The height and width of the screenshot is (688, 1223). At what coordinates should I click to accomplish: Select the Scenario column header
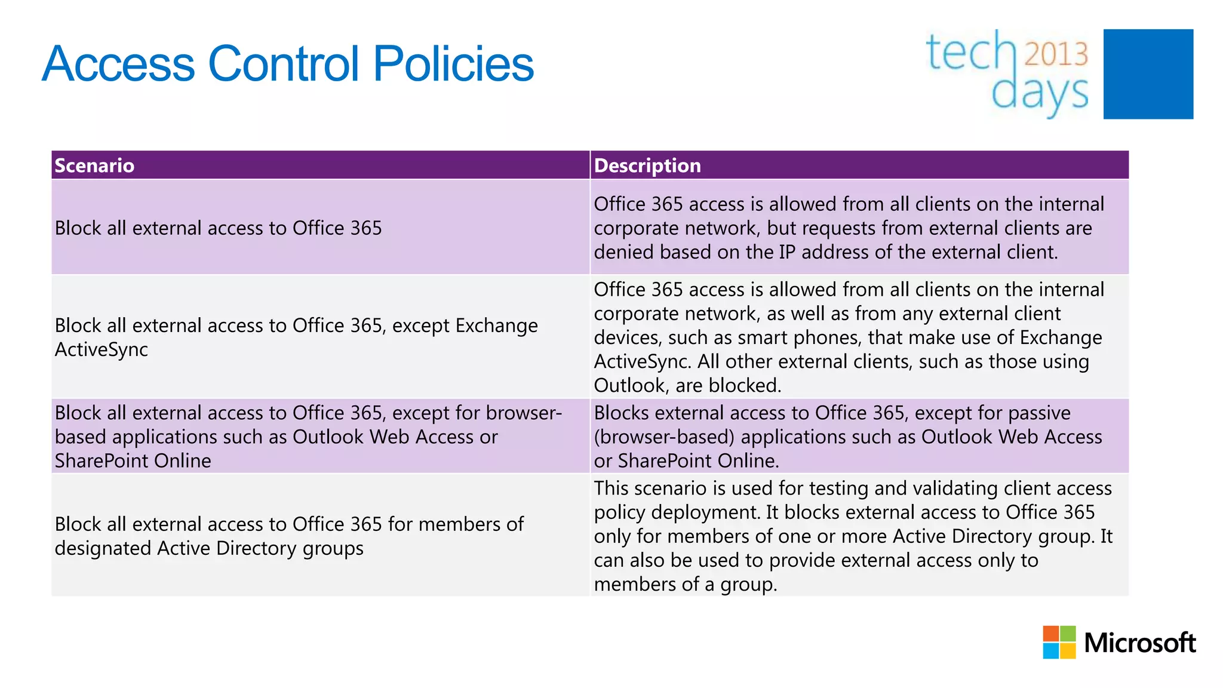(x=94, y=165)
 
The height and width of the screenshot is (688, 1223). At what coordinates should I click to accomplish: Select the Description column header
(x=647, y=165)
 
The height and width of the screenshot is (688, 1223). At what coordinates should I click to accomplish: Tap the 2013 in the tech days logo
(x=1056, y=54)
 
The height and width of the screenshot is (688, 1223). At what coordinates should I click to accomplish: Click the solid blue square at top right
(x=1148, y=74)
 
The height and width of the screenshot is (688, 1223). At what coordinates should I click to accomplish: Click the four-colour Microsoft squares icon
(x=1059, y=642)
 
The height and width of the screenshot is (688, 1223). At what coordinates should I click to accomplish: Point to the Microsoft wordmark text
(x=1139, y=643)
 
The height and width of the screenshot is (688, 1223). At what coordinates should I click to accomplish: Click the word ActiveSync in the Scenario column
(x=102, y=349)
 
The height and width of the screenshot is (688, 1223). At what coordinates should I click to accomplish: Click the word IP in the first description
(x=787, y=252)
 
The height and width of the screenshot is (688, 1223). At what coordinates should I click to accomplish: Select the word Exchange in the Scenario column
(x=496, y=325)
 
